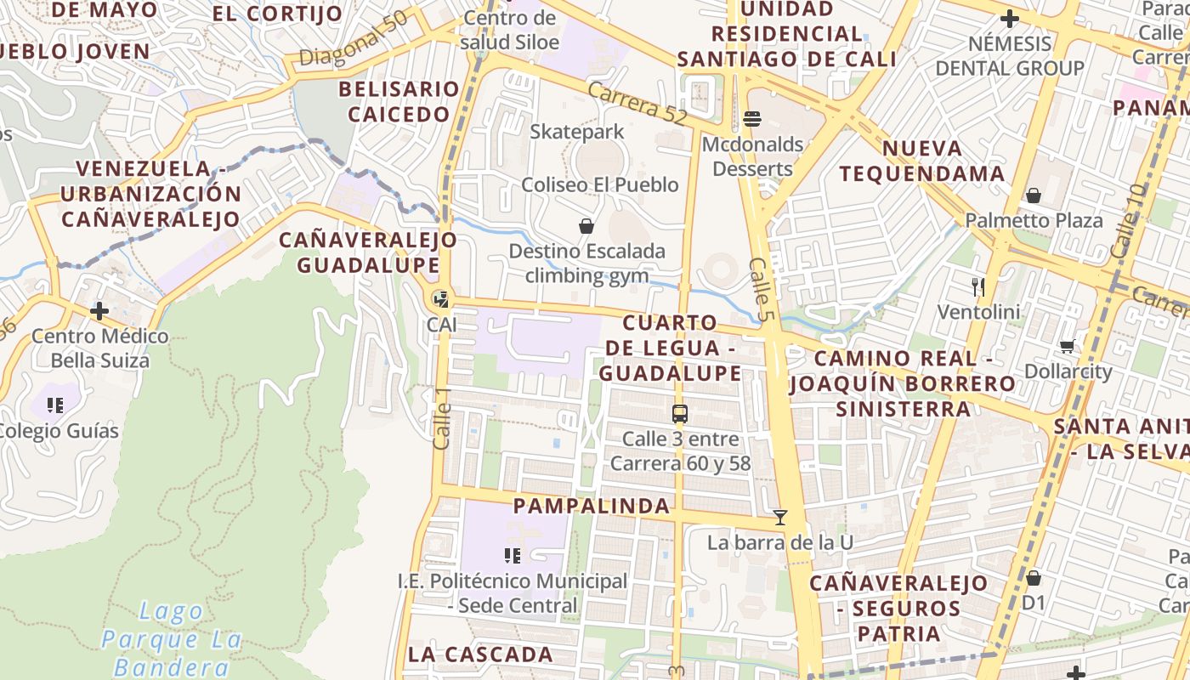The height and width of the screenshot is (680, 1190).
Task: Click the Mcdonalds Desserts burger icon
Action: (x=751, y=118)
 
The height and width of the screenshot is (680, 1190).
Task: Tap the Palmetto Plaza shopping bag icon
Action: (x=1034, y=195)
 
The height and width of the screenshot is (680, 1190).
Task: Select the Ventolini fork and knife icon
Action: (x=978, y=286)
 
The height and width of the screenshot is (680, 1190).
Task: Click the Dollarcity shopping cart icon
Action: (x=1068, y=346)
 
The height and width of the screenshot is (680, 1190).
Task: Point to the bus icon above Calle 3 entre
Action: (x=680, y=414)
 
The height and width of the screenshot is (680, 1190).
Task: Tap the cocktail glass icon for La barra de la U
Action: (x=780, y=517)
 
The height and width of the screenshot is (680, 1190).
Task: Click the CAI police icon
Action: (x=440, y=298)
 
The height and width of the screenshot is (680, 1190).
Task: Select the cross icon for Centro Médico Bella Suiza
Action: (x=99, y=310)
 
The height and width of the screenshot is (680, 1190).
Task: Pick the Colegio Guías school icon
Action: (x=56, y=405)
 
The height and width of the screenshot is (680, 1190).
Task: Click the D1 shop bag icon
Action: (x=1034, y=578)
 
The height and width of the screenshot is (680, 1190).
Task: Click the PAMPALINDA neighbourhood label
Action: (x=592, y=507)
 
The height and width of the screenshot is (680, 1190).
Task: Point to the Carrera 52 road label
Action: (x=637, y=104)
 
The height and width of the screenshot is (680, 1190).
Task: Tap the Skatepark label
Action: (x=577, y=132)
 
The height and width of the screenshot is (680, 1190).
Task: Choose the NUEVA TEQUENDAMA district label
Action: (x=922, y=161)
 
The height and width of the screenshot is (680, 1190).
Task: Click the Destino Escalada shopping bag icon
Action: (x=586, y=226)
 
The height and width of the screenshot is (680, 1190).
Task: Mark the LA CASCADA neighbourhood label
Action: (x=480, y=654)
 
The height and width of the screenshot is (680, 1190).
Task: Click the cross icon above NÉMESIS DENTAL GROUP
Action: (x=1010, y=18)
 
